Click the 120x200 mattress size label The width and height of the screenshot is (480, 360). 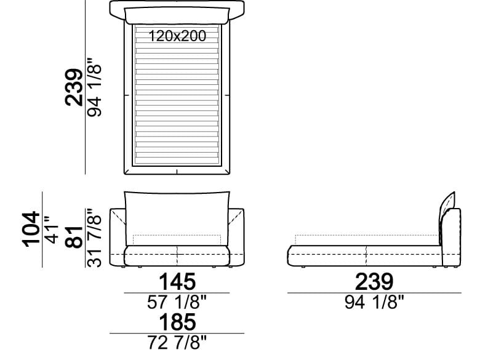click(177, 36)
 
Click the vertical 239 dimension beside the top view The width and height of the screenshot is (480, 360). click(74, 87)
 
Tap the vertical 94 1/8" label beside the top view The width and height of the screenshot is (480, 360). click(94, 87)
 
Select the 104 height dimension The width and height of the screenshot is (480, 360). click(31, 229)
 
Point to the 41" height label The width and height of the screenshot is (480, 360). click(51, 230)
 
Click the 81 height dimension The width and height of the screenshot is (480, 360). click(74, 237)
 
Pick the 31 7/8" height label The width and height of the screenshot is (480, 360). click(94, 238)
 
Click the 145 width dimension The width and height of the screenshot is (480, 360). click(177, 282)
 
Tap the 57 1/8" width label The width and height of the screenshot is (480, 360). click(177, 302)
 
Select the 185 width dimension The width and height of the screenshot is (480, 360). click(177, 322)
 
